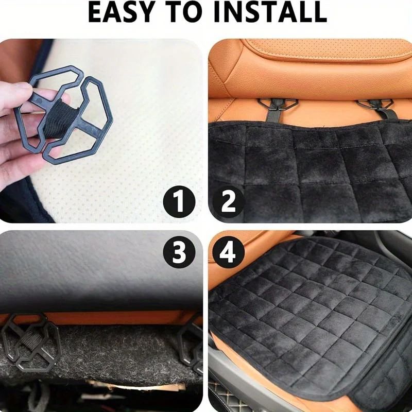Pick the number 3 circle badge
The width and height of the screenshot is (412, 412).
point(179,252)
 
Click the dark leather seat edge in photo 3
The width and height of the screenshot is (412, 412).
point(103,278)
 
